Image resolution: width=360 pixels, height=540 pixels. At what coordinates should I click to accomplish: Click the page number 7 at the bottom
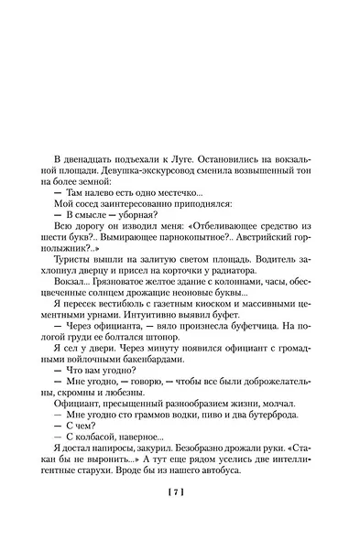pyautogui.click(x=179, y=495)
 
